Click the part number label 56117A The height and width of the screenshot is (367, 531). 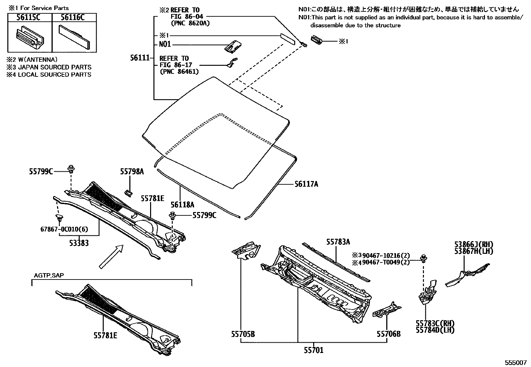(x=306, y=184)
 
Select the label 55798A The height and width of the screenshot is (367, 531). (x=132, y=172)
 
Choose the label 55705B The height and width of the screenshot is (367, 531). (x=243, y=334)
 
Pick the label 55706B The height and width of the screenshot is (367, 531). (x=389, y=334)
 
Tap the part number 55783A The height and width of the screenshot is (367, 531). (x=338, y=242)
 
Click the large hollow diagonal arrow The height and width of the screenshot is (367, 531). (x=111, y=256)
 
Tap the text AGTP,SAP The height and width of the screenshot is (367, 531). (x=49, y=276)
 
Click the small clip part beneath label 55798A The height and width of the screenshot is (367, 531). (x=128, y=192)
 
